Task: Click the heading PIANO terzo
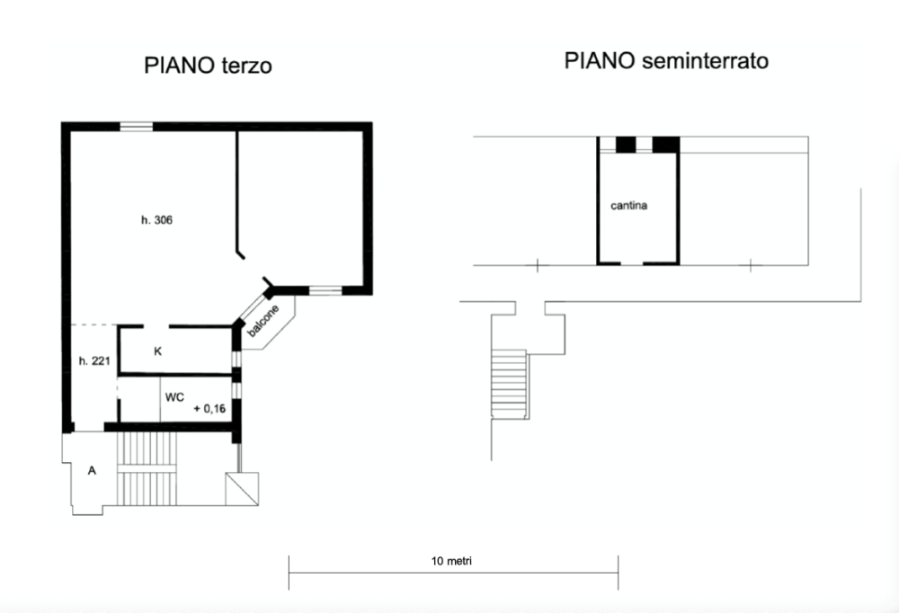pos(208,67)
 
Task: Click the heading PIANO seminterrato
pos(666,61)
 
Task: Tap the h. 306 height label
pos(156,220)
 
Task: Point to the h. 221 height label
pos(94,361)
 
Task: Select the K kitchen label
pos(157,351)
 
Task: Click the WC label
pos(174,396)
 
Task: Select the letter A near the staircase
pos(91,469)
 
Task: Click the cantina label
pos(629,206)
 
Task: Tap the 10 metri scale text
pos(452,561)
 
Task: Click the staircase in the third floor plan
pos(149,469)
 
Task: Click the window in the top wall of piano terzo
pos(137,126)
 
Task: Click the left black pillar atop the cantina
pos(626,144)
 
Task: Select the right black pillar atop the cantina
pos(665,144)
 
